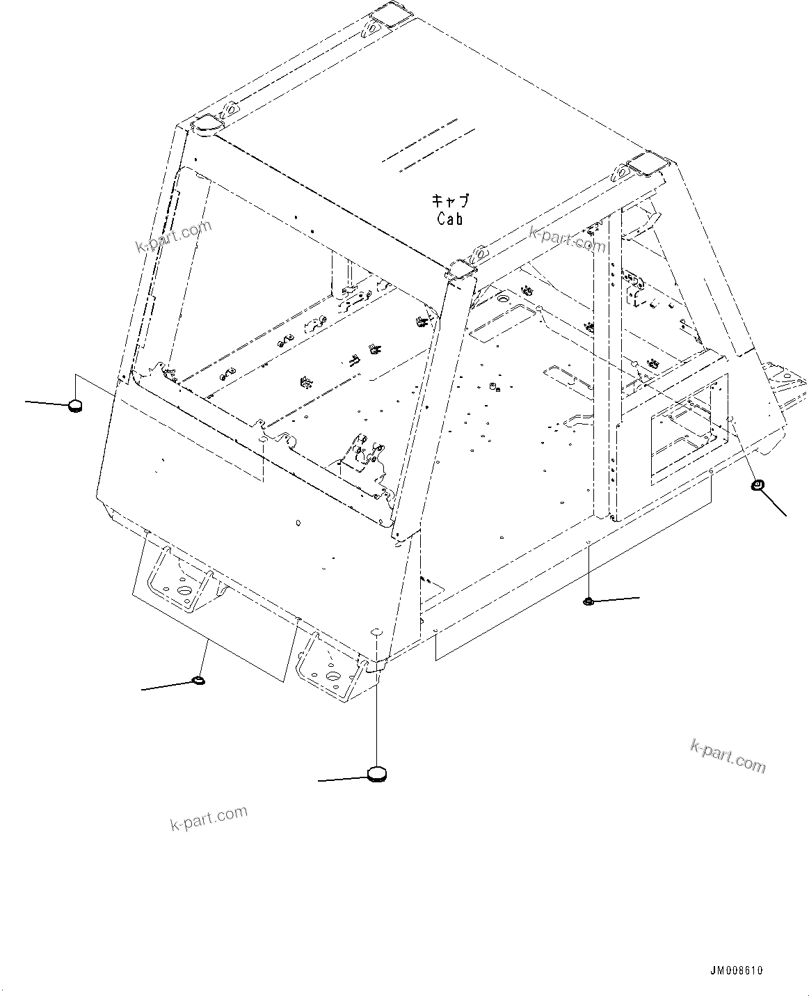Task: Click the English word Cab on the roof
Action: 450,218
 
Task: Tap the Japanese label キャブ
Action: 450,201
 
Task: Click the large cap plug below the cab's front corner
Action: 376,773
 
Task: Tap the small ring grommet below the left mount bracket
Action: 198,680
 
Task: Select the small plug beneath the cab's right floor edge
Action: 588,601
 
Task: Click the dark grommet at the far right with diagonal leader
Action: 758,485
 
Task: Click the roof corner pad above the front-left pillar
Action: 205,125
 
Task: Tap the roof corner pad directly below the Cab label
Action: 461,269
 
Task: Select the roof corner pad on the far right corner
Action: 646,164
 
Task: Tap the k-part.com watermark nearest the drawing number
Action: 728,756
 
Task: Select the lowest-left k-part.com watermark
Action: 209,819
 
